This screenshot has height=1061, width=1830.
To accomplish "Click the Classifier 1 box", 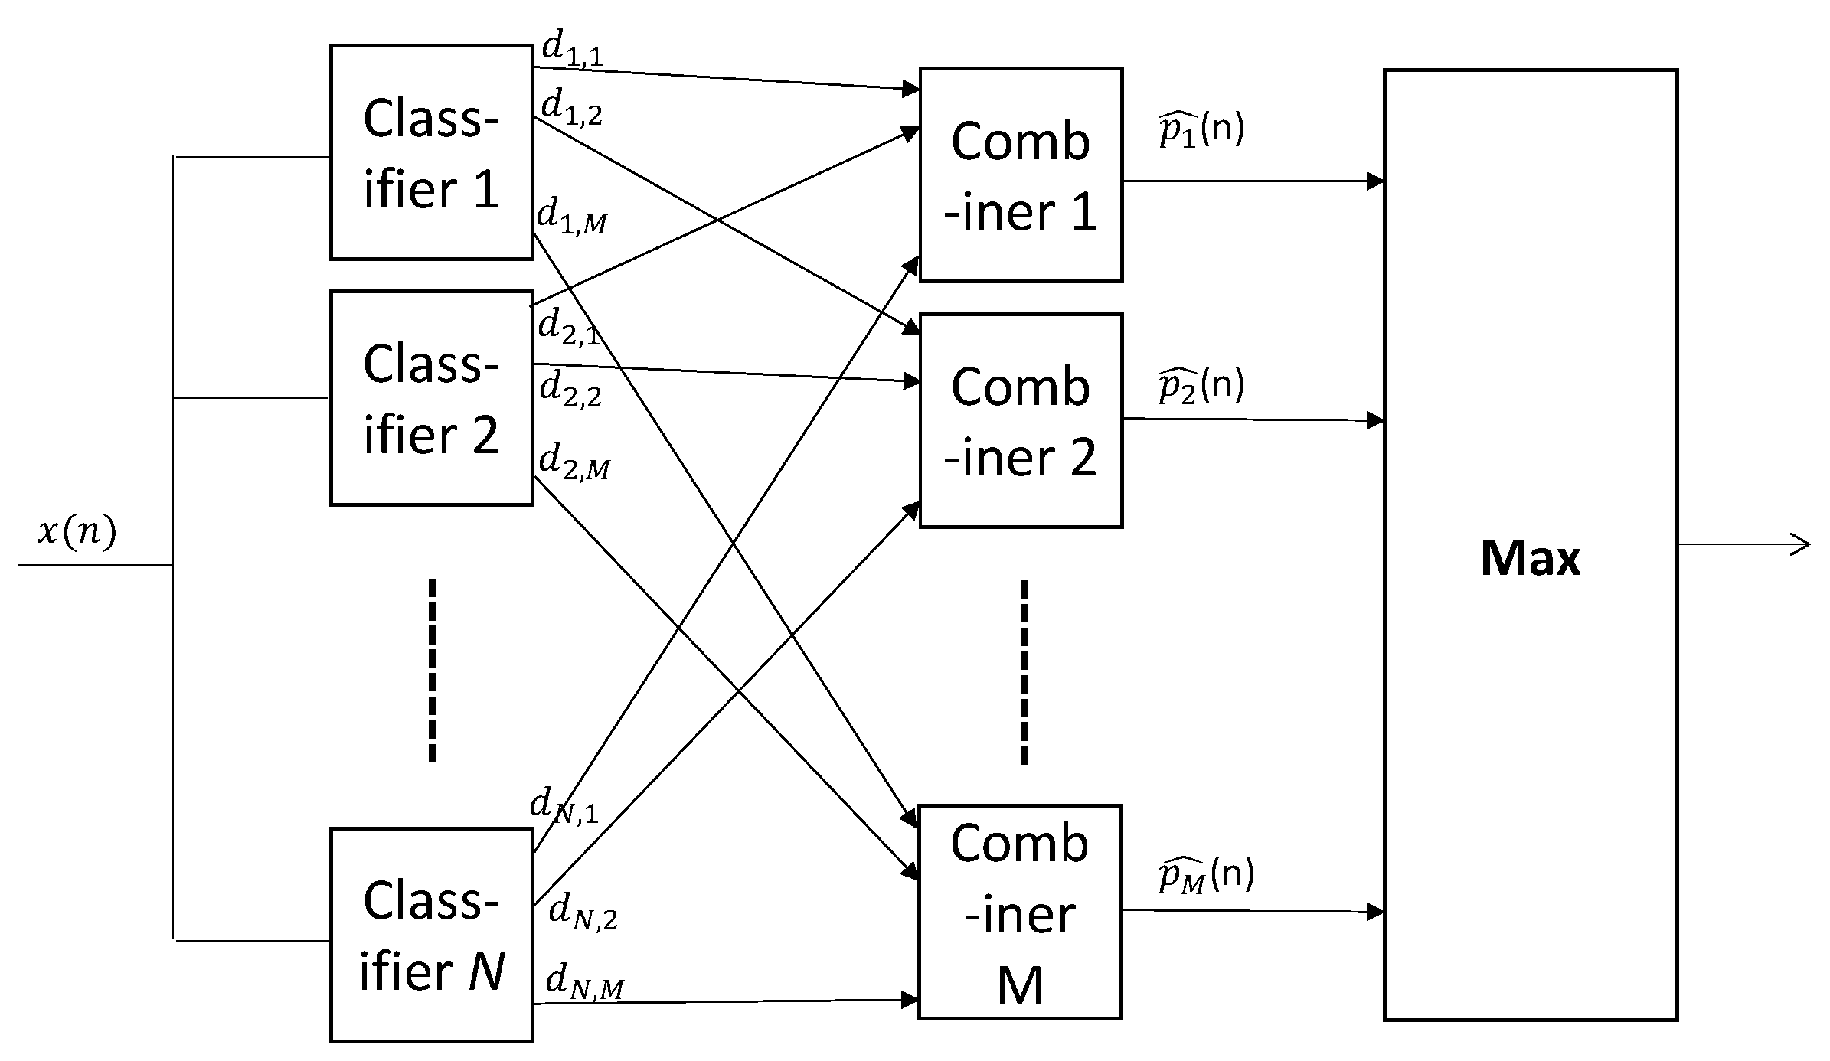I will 431,152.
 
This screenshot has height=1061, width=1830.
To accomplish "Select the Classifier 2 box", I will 431,397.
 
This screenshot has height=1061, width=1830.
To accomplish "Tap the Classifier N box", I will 431,935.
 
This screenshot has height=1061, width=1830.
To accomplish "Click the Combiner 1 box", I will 1020,175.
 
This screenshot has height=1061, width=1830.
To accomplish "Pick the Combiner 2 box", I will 1020,420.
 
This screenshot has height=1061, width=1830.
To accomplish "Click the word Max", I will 1529,558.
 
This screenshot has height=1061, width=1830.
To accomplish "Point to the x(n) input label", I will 77,531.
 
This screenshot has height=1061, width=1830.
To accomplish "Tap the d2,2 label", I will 570,388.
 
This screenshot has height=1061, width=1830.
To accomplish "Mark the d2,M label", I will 574,462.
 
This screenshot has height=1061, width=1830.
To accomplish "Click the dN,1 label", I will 564,807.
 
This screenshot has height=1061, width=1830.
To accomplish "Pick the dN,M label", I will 584,983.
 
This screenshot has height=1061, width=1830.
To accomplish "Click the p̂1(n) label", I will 1201,130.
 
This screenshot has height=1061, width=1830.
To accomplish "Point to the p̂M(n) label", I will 1206,875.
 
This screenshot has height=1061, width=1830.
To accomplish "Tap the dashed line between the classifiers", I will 433,670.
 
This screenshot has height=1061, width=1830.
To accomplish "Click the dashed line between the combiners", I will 1024,671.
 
